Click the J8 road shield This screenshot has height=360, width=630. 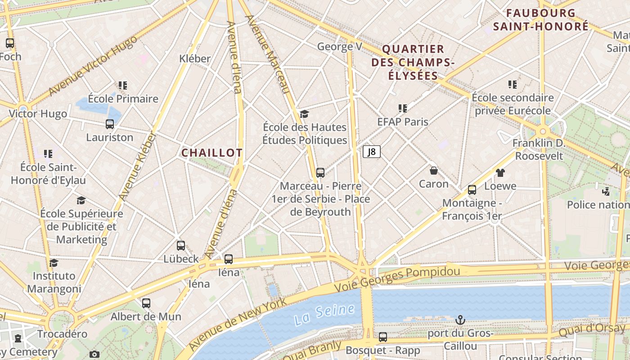tap(372, 152)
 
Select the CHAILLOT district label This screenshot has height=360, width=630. tap(212, 153)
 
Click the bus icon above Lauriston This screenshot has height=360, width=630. tap(110, 124)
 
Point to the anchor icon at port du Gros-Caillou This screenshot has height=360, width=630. tap(460, 320)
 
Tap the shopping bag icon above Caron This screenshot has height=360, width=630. tap(434, 171)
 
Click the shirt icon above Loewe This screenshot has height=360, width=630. tap(500, 172)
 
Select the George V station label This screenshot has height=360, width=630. tap(339, 46)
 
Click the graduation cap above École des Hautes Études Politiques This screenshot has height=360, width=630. tap(305, 113)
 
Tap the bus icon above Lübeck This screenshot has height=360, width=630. tap(181, 245)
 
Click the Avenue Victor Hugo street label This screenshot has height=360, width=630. tap(92, 65)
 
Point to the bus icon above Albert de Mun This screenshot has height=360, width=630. tap(146, 303)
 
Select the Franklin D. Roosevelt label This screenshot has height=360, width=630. tap(539, 149)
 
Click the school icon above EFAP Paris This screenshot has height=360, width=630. tap(403, 108)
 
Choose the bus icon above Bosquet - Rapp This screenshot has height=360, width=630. tap(383, 337)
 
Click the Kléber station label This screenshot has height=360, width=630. tap(195, 58)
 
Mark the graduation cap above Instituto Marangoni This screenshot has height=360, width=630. tap(54, 262)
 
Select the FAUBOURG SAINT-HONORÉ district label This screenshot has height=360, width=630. tap(540, 19)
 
